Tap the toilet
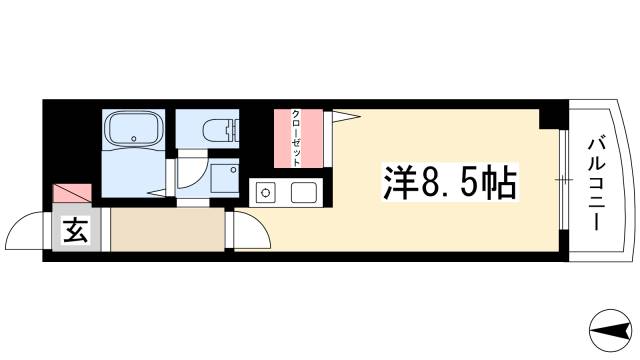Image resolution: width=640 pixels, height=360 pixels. click(x=218, y=129)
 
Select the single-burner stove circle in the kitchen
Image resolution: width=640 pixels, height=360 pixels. click(x=266, y=193)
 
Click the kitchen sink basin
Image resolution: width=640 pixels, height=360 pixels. click(x=303, y=192)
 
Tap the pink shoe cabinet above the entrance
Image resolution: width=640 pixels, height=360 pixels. click(x=72, y=193)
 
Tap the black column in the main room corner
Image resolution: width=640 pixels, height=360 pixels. click(x=549, y=118)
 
